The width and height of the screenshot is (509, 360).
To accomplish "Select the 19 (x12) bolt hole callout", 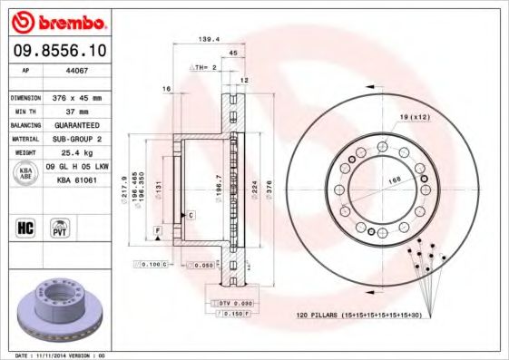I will [x=414, y=118].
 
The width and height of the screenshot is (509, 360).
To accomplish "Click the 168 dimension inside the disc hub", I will [x=395, y=180].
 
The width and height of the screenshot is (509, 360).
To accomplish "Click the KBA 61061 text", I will [x=77, y=180].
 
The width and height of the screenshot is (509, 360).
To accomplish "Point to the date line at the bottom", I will [x=62, y=355].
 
